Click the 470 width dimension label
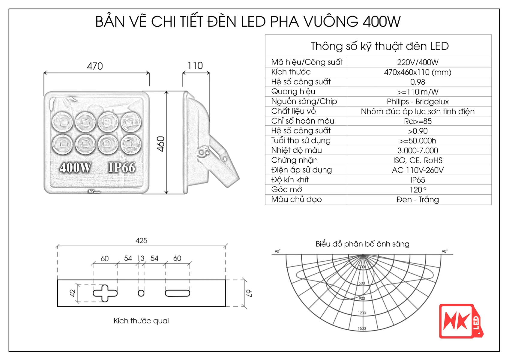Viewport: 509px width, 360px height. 95,66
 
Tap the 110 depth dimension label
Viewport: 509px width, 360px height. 195,65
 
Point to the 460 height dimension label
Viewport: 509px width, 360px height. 161,144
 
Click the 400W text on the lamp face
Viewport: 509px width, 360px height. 75,167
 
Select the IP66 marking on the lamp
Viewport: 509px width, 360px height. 121,167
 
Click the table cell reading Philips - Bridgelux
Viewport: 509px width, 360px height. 418,102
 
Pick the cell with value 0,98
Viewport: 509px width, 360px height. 418,82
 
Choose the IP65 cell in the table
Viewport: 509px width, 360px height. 418,180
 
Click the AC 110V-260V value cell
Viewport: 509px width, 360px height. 418,170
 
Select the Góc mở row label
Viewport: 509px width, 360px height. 286,190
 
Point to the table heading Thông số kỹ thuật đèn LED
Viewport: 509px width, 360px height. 379,46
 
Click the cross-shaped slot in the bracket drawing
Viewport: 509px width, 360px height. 105,293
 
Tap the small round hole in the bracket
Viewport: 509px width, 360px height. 141,293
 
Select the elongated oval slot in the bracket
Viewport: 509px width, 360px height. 177,293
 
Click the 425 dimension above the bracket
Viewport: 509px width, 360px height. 141,241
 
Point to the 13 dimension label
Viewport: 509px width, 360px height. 141,258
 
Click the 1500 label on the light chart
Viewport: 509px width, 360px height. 362,328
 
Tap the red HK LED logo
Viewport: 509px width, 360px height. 461,321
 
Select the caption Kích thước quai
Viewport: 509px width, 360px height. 141,321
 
